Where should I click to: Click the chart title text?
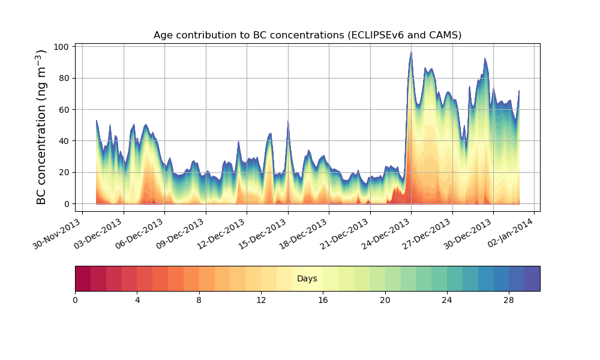coord(307,35)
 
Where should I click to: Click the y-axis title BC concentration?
coord(41,127)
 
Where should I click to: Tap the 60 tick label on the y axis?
coord(65,110)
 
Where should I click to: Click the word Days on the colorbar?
coord(307,278)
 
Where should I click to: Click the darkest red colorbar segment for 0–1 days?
coord(83,278)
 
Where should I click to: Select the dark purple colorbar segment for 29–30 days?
coord(532,278)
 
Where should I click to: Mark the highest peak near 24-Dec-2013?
coord(411,52)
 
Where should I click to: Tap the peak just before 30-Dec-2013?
coord(485,59)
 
